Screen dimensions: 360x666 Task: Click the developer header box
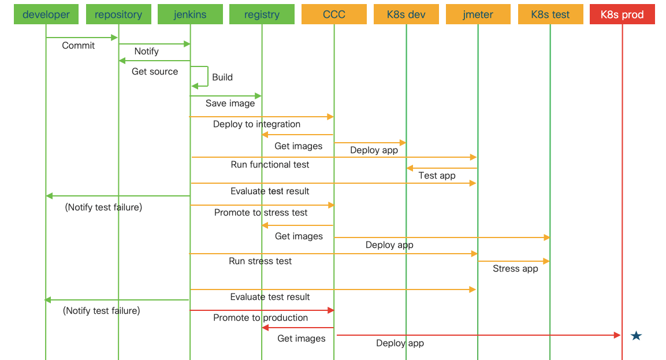coord(46,14)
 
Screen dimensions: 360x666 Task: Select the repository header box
coord(118,14)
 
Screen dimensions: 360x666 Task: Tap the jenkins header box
coord(190,14)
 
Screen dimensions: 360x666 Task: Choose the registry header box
coord(262,14)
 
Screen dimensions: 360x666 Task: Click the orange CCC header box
coord(334,14)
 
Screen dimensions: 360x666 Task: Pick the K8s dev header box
coord(406,14)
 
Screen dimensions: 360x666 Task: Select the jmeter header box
coord(478,14)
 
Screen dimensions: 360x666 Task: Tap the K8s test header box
coord(550,14)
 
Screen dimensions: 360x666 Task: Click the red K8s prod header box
coord(622,14)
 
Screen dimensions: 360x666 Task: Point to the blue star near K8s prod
coord(636,336)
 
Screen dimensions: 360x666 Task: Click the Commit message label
coord(79,46)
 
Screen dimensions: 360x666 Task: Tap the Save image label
coord(230,103)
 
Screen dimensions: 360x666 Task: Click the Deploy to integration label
coord(256,124)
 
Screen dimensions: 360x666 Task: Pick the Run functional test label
coord(270,165)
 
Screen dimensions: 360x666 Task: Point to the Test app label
coord(437,176)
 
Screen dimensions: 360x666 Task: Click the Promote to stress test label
coord(261,213)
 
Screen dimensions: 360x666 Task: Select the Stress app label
coord(515,269)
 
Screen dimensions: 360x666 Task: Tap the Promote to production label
coord(261,318)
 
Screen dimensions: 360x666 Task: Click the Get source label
coord(155,72)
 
